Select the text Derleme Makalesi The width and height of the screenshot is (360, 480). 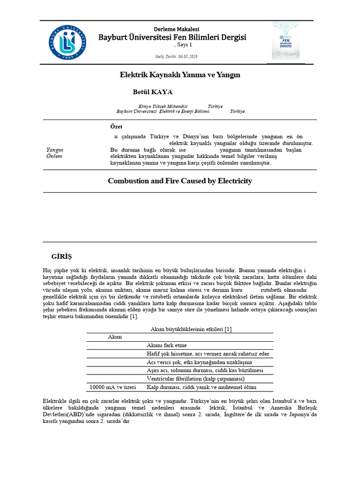[173, 29]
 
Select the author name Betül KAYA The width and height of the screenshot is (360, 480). [153, 92]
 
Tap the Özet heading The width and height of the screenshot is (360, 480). [116, 127]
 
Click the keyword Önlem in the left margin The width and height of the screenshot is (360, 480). [54, 156]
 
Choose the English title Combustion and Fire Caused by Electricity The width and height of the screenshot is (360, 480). [180, 180]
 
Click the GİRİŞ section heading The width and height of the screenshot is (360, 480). [61, 256]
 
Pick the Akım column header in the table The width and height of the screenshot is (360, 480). [115, 337]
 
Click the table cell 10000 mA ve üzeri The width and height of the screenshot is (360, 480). [112, 387]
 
